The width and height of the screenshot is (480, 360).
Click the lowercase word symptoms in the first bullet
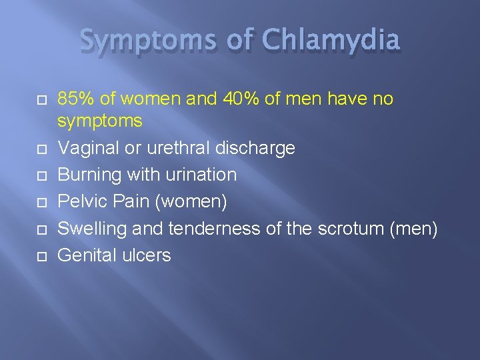pyautogui.click(x=100, y=121)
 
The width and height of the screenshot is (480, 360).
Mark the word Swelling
pyautogui.click(x=93, y=228)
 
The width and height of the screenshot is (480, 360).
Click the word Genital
pyautogui.click(x=85, y=255)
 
